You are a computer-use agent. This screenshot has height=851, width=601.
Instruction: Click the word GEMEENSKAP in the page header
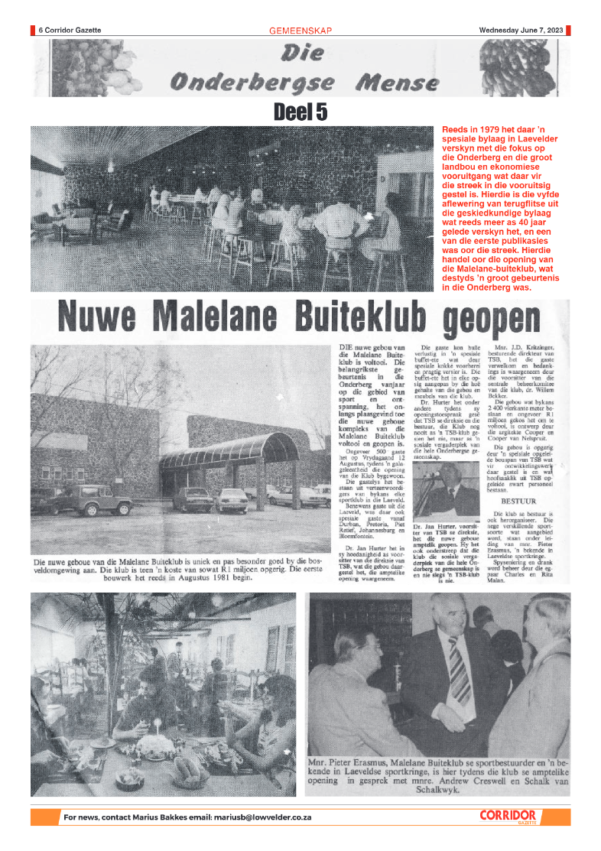pos(300,31)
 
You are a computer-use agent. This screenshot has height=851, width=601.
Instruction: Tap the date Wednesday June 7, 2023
pos(521,31)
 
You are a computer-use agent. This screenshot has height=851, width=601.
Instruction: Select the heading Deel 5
pos(300,112)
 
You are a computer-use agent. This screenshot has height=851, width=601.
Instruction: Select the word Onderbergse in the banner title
pos(252,82)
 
